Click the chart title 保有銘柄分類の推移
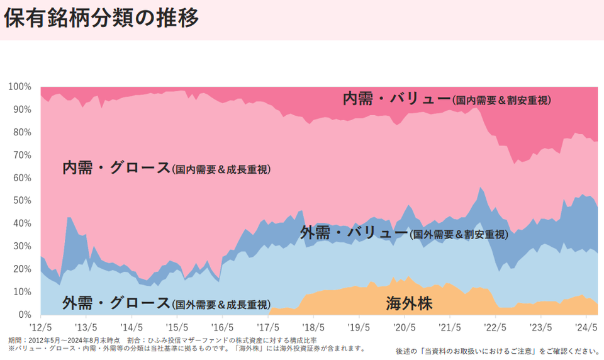[101, 18]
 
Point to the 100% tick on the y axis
[20, 86]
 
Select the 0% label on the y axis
[25, 314]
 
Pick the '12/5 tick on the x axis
[40, 327]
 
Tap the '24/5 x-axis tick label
[586, 327]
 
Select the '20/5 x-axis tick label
[404, 327]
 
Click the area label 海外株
[409, 304]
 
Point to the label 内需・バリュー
[396, 98]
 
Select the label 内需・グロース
[116, 168]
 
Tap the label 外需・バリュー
[354, 233]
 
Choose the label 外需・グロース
[116, 303]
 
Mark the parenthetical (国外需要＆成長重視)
[221, 305]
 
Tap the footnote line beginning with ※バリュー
[186, 348]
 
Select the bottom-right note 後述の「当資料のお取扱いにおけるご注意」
[497, 351]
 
